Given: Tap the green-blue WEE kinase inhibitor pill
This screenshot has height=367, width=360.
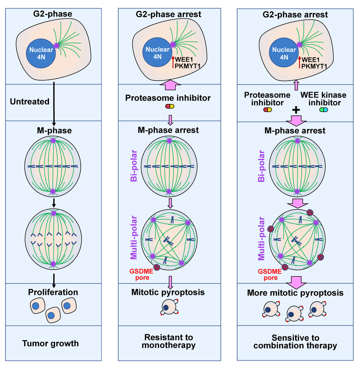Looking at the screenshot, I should [323, 109].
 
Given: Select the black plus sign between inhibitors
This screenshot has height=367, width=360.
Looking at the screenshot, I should [296, 110].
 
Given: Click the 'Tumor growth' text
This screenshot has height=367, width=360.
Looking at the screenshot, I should [53, 343].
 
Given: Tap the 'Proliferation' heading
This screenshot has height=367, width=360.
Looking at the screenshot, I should [54, 292].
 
